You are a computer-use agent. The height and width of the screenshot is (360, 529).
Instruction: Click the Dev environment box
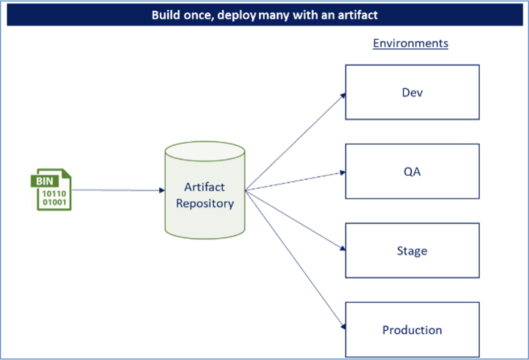point(412,92)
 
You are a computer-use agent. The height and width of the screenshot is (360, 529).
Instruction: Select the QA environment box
point(412,171)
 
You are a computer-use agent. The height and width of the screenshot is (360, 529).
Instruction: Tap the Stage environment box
point(412,251)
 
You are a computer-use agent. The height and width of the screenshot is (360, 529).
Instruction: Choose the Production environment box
point(412,329)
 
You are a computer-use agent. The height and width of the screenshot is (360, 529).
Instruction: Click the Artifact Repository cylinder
point(205,193)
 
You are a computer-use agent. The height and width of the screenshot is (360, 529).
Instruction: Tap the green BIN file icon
point(51,190)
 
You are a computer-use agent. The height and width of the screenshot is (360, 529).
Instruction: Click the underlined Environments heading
point(410,43)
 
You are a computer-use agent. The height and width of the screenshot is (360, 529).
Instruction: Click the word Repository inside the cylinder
point(205,204)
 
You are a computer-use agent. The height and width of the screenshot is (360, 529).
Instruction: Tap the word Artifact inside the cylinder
point(204,187)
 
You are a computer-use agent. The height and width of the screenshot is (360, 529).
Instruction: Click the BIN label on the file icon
point(44,181)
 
